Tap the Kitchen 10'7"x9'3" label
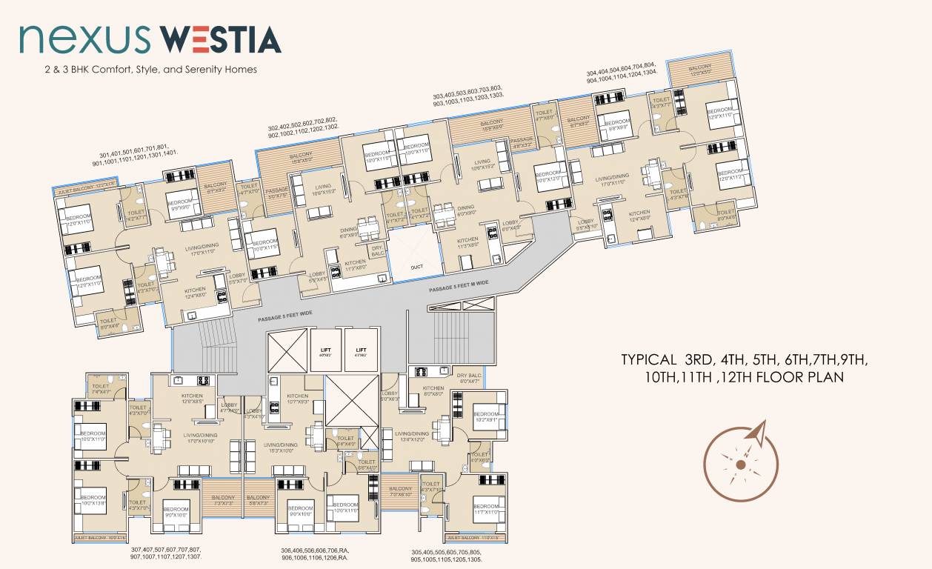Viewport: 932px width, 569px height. (x=297, y=399)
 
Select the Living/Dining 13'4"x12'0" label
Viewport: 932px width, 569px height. (x=411, y=436)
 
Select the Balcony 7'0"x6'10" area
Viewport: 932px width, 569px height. (x=400, y=491)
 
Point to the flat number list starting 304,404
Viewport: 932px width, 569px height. (x=621, y=77)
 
